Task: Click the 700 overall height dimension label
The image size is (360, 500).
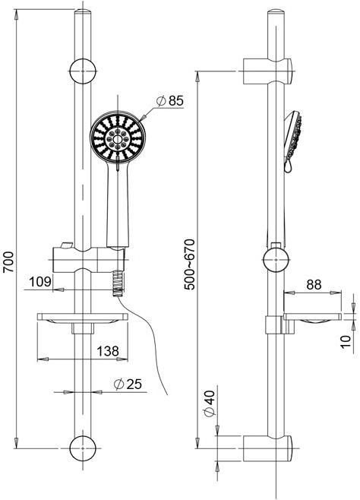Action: coord(8,262)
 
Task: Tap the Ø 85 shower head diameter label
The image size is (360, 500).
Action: coord(170,101)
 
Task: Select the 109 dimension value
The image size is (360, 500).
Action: coord(40,282)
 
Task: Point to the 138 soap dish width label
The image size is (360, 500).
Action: coord(108,351)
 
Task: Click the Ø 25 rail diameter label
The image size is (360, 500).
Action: coord(128,384)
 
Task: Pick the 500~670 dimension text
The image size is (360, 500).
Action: coord(190,264)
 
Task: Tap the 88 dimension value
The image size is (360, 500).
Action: coord(314,284)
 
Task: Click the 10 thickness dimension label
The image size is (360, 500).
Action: coord(346,342)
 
